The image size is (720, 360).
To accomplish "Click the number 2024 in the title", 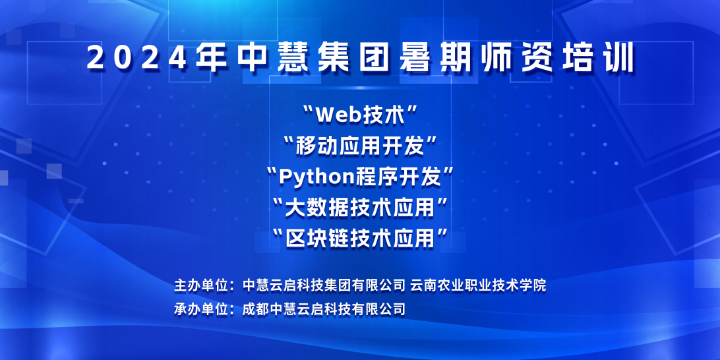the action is point(136,57).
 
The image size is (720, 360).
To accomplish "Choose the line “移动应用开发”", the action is point(360,146).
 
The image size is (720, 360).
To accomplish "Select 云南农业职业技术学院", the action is point(478,285).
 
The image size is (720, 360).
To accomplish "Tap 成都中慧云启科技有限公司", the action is point(324,309).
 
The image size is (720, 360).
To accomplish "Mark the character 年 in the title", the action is point(211,57).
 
